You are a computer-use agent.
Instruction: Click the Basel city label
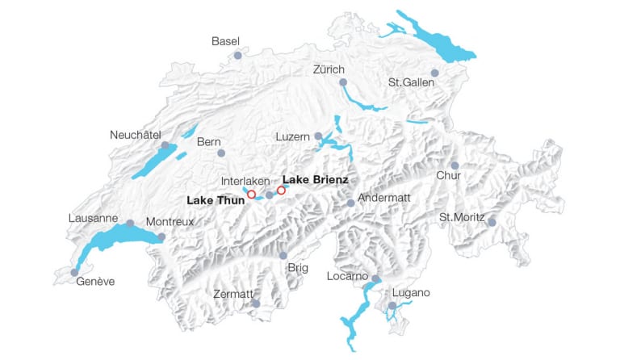225,41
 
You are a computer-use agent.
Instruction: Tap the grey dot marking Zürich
343,82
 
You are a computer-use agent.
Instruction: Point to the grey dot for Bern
220,153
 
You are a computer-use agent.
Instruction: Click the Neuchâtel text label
136,135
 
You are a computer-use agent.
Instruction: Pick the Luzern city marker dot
318,136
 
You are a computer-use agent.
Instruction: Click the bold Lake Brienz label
316,179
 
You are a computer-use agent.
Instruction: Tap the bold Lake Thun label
216,199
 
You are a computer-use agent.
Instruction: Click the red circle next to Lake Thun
251,195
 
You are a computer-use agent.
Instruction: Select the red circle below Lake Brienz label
281,190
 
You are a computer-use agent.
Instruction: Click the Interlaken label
245,181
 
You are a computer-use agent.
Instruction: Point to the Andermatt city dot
350,203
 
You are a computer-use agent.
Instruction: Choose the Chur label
448,175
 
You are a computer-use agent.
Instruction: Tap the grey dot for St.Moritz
492,222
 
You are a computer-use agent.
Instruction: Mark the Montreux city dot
161,237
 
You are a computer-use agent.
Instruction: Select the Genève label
96,281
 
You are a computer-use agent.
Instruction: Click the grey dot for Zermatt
256,303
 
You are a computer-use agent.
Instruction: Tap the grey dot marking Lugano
392,306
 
